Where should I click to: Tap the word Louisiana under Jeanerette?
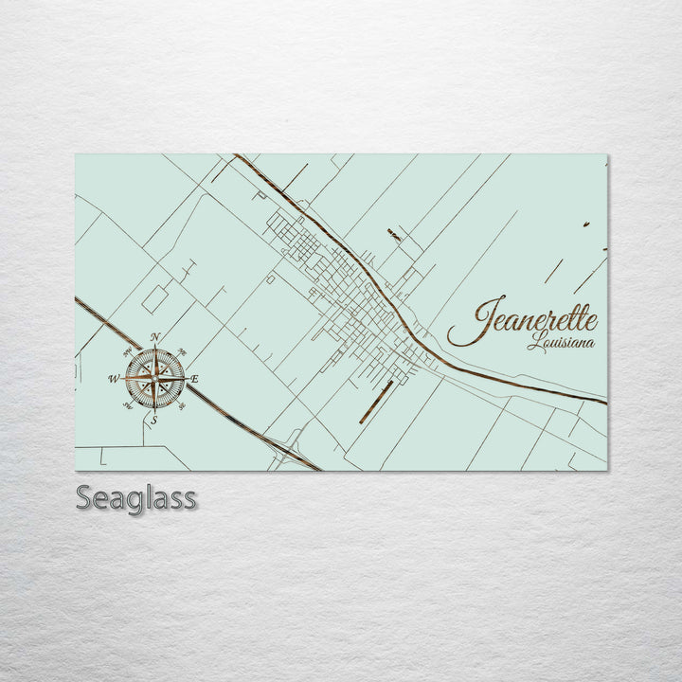click(x=561, y=342)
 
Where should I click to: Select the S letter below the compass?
click(x=154, y=420)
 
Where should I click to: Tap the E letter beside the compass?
click(x=194, y=380)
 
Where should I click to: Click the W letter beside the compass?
click(x=114, y=379)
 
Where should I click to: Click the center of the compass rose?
click(x=154, y=378)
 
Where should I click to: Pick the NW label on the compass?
click(x=128, y=351)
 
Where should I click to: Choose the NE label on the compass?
click(x=182, y=351)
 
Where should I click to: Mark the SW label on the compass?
click(x=128, y=405)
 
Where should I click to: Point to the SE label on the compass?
click(x=182, y=405)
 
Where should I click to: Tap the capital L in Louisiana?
click(x=534, y=341)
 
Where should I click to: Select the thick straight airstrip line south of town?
click(x=375, y=402)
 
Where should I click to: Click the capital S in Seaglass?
click(x=84, y=498)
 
